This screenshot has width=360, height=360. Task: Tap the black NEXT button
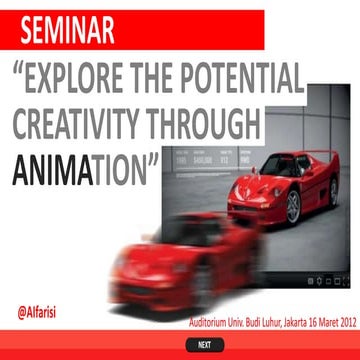coord(204,345)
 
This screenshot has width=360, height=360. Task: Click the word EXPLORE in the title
coord(75,78)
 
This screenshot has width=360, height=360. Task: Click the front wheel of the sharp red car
coord(294,207)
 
